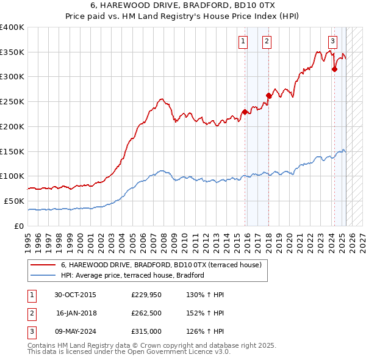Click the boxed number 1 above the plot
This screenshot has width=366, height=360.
coord(243,41)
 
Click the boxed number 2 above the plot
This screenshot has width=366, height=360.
coord(267,41)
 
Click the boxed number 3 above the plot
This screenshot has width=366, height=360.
coord(332,41)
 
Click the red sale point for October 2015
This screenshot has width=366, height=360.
coord(245,112)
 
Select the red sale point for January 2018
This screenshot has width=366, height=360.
coord(268,95)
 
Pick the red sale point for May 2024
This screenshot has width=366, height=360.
coord(334,69)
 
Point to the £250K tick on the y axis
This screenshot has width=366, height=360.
coord(12,101)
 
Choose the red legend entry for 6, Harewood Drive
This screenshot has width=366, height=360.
coord(161,265)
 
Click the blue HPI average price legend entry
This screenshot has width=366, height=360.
coord(132,275)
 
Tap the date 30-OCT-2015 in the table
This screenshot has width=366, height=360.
coord(75,295)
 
